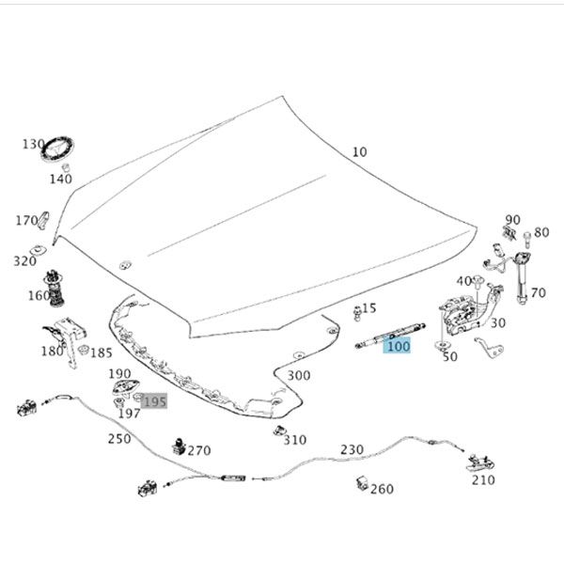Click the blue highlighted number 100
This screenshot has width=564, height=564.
pos(399,346)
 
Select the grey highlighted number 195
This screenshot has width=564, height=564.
pos(153,401)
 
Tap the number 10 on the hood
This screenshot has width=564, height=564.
pos(360,152)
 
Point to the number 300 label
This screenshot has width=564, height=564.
pos(298,376)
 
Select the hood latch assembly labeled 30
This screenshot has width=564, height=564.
pos(461,312)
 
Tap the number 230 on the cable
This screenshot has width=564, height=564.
pos(352,449)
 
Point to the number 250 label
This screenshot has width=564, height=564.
pos(119,439)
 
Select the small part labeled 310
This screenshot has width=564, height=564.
pos(278,431)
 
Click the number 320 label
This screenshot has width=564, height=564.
pos(24,261)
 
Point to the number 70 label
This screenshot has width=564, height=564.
pos(538,293)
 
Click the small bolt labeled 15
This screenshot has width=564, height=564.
pos(356,310)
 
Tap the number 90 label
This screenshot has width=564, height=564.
pos(512,219)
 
